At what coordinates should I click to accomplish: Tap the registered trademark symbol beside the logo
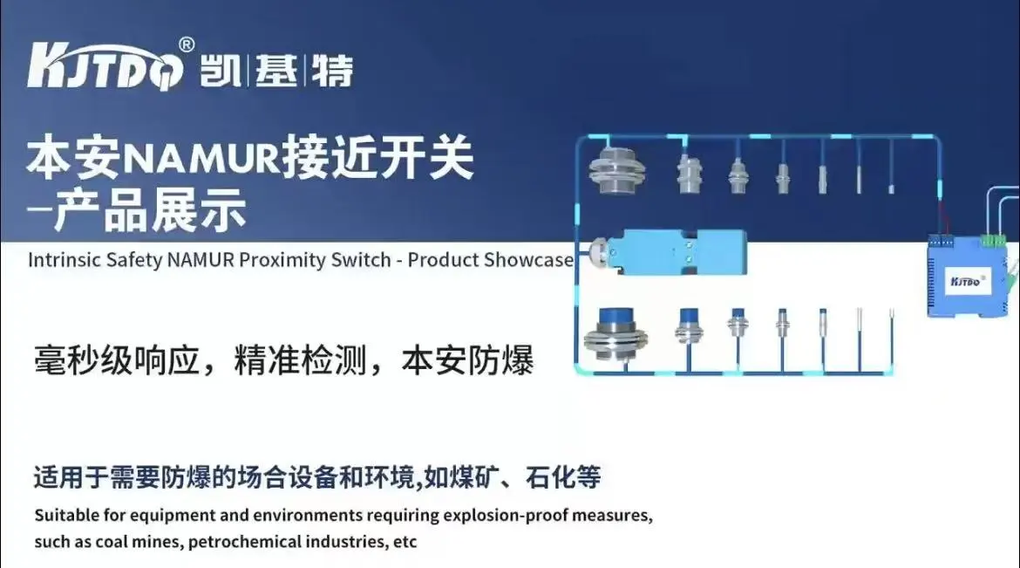pos(186,44)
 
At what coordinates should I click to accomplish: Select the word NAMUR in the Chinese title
pos(200,158)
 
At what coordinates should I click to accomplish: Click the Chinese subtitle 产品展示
pos(150,209)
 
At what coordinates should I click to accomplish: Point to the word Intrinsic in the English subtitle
pos(64,260)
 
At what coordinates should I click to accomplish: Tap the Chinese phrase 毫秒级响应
pos(117,361)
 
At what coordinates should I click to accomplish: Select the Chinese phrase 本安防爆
pos(467,361)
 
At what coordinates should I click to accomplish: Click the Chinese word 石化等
pos(562,476)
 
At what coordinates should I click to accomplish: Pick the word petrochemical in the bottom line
pos(244,542)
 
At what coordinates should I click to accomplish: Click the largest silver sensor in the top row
pos(616,170)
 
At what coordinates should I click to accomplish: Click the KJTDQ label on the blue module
pos(966,282)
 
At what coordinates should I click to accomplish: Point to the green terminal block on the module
pos(993,240)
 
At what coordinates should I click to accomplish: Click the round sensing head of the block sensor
pos(597,251)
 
